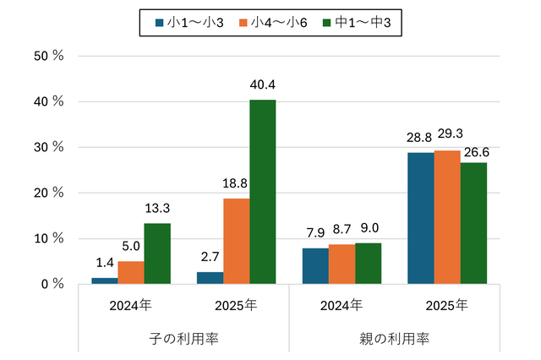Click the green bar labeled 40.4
(262, 192)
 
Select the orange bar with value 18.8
(236, 241)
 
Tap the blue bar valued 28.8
(421, 218)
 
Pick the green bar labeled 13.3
(156, 254)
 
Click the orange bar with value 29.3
(447, 217)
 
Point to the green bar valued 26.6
(473, 223)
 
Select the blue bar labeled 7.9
(315, 266)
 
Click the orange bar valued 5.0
(130, 272)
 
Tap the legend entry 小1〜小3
(190, 22)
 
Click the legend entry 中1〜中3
(359, 22)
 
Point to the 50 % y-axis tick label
(49, 56)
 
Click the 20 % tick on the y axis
(49, 193)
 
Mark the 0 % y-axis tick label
(52, 284)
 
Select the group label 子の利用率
(183, 338)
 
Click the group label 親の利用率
(395, 338)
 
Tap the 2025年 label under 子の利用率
(236, 304)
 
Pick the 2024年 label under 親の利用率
(342, 304)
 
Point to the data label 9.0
(369, 229)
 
